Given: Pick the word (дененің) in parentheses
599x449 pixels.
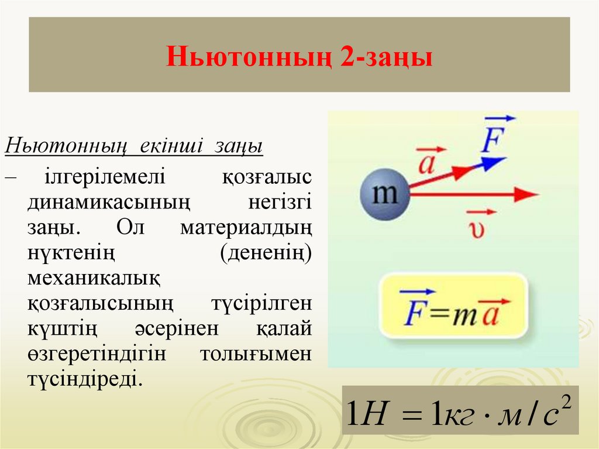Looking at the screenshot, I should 266,252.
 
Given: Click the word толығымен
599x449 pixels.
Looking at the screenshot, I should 256,354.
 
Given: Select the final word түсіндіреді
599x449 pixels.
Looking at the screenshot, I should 84,379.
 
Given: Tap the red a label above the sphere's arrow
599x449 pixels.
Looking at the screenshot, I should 428,163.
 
